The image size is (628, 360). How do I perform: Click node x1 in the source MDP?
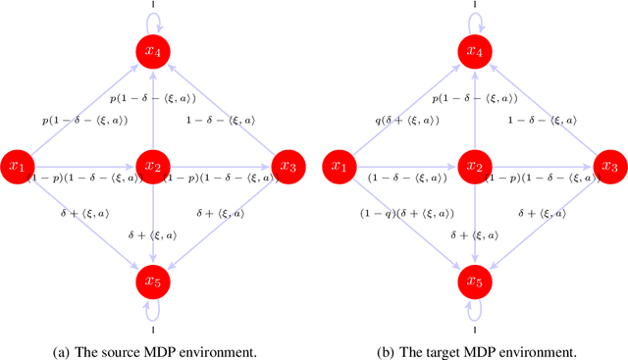(17, 167)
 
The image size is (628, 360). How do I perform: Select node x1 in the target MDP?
(340, 167)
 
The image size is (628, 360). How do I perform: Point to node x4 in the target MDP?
(475, 51)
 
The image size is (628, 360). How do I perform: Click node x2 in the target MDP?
(475, 167)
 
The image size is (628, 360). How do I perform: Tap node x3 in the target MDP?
(609, 167)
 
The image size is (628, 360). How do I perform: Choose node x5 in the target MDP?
(475, 283)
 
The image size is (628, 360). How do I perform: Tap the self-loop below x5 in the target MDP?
(475, 313)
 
